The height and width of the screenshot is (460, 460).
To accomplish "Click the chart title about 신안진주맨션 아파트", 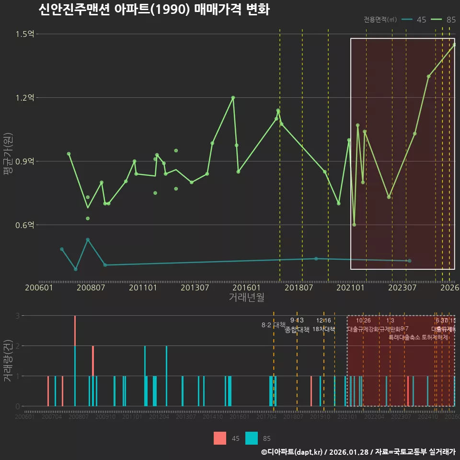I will tap(154, 10).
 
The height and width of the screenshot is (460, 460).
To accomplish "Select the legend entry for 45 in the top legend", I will tap(414, 20).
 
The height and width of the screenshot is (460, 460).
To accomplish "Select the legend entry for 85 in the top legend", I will tap(444, 20).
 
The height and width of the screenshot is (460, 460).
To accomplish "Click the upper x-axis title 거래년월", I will tap(246, 298).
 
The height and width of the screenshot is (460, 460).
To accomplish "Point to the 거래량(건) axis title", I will tap(8, 361).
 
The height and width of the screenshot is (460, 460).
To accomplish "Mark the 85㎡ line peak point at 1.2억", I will tap(233, 98).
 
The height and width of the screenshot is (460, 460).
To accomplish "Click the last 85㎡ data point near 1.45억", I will tap(454, 45).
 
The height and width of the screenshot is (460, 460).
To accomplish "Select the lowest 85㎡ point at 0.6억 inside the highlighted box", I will tap(354, 225).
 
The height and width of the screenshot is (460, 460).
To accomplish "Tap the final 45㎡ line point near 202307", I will tap(409, 261).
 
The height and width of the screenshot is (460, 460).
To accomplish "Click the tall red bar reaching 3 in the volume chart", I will tap(75, 331).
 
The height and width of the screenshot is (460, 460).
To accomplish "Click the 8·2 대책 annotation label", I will tap(273, 325).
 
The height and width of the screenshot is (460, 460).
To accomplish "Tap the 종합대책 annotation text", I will tap(297, 330).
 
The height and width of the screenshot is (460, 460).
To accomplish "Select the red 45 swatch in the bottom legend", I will tap(220, 438).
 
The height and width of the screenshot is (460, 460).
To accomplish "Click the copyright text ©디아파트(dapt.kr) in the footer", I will tap(292, 452).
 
